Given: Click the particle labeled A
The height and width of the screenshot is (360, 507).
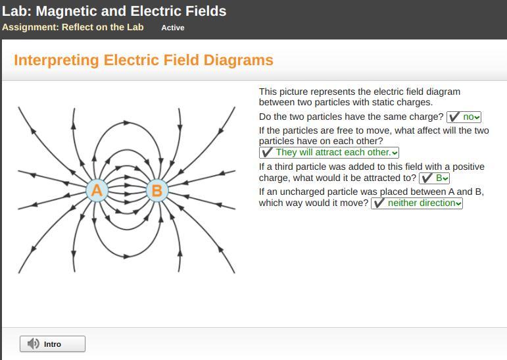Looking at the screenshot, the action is click(x=97, y=190).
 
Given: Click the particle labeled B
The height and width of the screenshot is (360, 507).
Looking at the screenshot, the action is click(x=157, y=190).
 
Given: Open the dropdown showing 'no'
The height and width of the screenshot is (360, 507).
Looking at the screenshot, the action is click(x=464, y=117).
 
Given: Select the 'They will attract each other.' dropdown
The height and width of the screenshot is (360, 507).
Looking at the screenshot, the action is click(x=329, y=153).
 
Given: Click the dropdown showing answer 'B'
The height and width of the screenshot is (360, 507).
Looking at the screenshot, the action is click(x=434, y=178).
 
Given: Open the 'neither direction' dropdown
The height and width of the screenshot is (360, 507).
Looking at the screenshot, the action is click(x=416, y=203).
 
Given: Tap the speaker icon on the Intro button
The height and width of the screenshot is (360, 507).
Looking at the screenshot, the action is click(x=33, y=344).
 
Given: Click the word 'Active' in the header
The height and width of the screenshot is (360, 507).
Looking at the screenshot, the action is click(x=173, y=28).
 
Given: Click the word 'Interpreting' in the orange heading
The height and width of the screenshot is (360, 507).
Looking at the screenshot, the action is click(x=57, y=61).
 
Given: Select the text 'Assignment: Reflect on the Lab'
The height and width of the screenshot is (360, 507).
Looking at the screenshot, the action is click(x=73, y=27).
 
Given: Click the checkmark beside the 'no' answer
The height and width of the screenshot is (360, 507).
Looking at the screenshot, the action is click(x=454, y=117).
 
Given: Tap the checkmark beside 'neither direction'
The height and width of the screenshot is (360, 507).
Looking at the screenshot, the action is click(x=379, y=203).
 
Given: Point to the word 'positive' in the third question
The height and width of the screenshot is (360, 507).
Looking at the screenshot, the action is click(x=468, y=167).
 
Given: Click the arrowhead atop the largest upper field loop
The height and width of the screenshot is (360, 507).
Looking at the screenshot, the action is click(x=127, y=123).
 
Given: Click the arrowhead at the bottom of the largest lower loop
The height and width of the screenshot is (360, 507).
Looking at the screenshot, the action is click(x=127, y=257).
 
